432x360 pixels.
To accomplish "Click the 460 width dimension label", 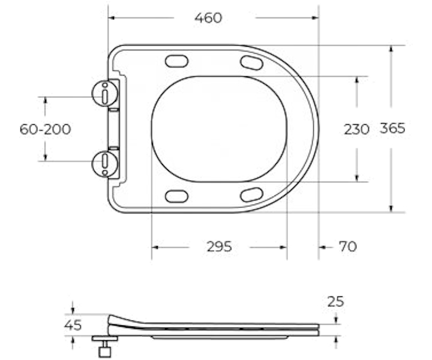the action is pyautogui.click(x=208, y=18).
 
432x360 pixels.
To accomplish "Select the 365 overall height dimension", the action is pyautogui.click(x=392, y=128).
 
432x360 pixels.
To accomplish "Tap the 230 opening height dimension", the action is pyautogui.click(x=356, y=129).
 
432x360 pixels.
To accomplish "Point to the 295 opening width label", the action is pyautogui.click(x=220, y=247).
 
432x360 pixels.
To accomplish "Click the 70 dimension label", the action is pyautogui.click(x=347, y=247).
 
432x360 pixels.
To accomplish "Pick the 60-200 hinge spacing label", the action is pyautogui.click(x=45, y=129).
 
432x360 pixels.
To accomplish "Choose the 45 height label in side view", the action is pyautogui.click(x=73, y=325).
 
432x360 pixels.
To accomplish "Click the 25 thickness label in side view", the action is pyautogui.click(x=335, y=302).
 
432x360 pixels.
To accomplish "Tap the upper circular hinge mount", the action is pyautogui.click(x=104, y=94).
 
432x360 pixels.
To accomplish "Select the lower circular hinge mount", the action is pyautogui.click(x=104, y=164).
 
